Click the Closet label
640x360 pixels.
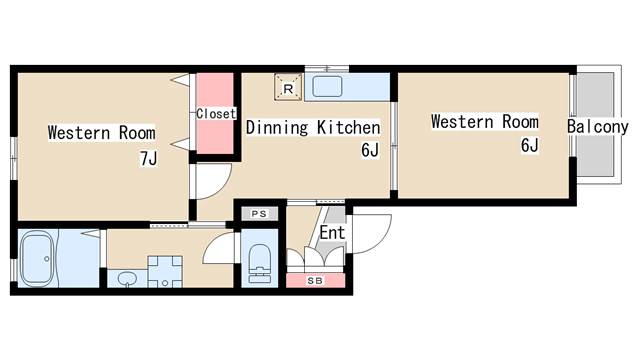[x=216, y=113]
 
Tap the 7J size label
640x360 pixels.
[x=149, y=158]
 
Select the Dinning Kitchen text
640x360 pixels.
[x=313, y=127]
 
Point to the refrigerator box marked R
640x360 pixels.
[x=288, y=87]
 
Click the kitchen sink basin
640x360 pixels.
[x=327, y=86]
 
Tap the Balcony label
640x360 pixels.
[x=598, y=127]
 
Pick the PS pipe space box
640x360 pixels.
[x=259, y=213]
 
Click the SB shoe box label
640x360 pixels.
[x=315, y=281]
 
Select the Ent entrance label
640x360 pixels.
[x=332, y=233]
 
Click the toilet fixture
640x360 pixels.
[x=260, y=263]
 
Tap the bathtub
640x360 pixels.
[x=38, y=258]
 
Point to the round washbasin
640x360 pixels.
[x=127, y=279]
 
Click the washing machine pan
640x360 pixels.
[x=165, y=271]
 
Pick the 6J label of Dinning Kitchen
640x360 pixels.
[x=370, y=150]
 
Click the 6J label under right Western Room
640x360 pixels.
[x=530, y=145]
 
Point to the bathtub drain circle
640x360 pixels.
[x=47, y=259]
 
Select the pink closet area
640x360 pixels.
[x=215, y=113]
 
